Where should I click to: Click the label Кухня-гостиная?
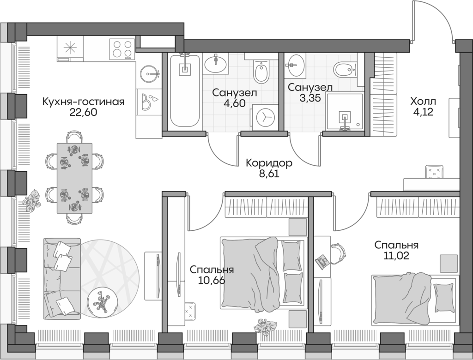pos(83,102)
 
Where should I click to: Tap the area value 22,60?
pos(83,113)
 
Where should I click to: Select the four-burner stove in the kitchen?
pos(121,49)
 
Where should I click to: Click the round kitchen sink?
pos(149,73)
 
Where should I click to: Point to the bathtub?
pos(185,90)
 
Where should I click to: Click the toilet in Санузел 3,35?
pos(345,70)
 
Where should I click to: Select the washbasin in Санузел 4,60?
pos(215,63)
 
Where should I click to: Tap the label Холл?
pos(423,101)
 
